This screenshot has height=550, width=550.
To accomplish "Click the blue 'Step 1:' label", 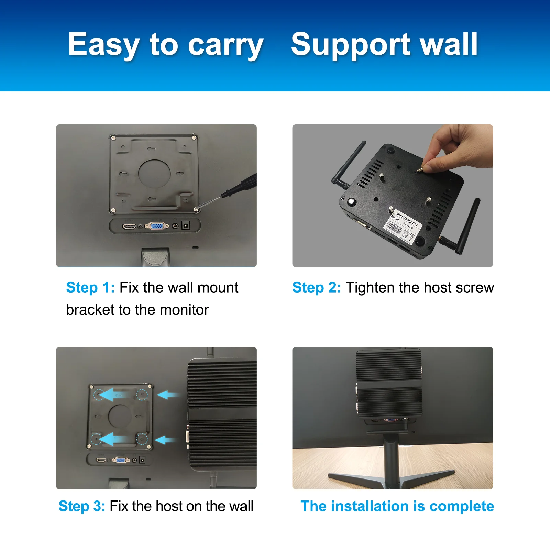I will point(90,287).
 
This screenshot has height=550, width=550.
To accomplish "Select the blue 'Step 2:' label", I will point(316,287).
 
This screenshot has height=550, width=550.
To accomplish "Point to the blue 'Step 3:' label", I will point(82,506).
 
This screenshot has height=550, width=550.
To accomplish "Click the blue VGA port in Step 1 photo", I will point(157,226).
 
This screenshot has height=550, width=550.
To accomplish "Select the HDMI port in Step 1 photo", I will point(129,226).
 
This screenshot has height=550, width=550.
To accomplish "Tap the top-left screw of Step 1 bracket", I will point(113,138).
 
